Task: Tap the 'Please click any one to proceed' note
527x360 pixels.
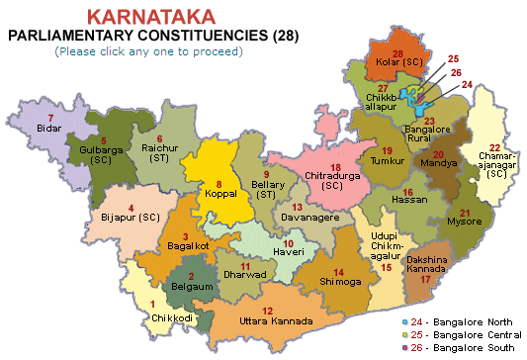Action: click(150, 49)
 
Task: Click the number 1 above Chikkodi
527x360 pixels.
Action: click(153, 304)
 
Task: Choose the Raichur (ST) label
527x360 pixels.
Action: click(161, 154)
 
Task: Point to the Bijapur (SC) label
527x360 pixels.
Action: click(131, 217)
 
